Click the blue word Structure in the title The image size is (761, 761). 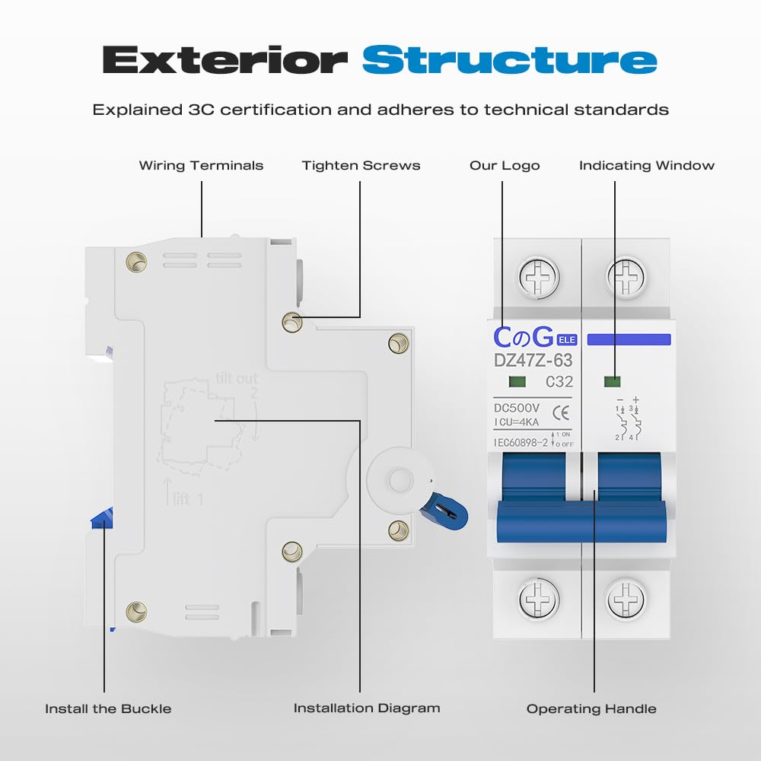tap(509, 60)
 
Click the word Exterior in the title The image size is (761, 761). tap(225, 60)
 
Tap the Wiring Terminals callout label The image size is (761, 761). tap(201, 165)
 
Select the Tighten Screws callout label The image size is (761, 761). tap(361, 165)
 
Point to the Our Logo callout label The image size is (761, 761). tap(505, 165)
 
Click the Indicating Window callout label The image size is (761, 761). tap(646, 165)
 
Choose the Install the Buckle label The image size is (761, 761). tap(108, 708)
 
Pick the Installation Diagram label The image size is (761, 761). tap(367, 708)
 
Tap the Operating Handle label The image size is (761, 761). tap(591, 708)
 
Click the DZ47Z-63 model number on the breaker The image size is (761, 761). tap(533, 360)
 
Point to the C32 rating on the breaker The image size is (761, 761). tap(559, 382)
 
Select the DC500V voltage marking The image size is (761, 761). tap(517, 409)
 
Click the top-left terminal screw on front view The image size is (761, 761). tap(538, 277)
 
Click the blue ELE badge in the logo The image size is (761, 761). tap(566, 339)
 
